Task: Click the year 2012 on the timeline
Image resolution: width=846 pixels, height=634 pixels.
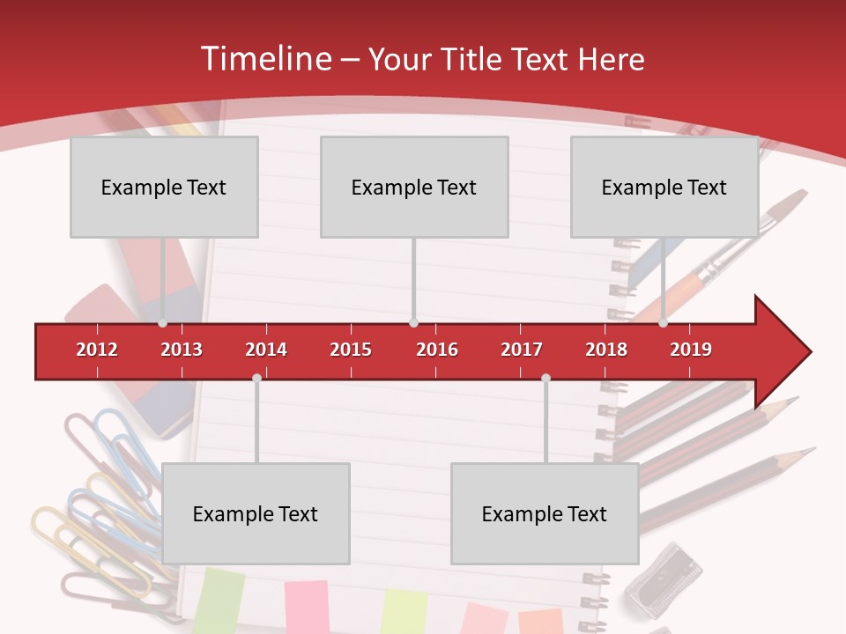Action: tap(97, 350)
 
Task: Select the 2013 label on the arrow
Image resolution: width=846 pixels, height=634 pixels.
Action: tap(182, 350)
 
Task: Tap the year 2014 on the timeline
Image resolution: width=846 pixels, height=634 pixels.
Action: tap(266, 350)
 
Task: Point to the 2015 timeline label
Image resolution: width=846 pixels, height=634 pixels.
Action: tap(351, 350)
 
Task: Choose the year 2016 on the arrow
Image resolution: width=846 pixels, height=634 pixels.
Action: tap(437, 350)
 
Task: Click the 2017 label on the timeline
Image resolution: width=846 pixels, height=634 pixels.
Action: tap(522, 350)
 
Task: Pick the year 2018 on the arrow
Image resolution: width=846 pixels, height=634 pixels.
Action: tap(606, 350)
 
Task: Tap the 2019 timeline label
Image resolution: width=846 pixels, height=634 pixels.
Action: tap(691, 350)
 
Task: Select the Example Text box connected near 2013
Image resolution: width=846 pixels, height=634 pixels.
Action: tap(164, 187)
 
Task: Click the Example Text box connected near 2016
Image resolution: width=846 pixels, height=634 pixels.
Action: tap(414, 187)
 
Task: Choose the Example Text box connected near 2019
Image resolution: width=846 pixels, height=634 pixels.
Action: tap(664, 187)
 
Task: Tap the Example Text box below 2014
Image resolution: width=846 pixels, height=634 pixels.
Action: tap(256, 513)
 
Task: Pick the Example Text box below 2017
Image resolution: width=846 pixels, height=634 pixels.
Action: tap(545, 513)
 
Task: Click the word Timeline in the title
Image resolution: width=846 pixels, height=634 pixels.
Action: tap(264, 59)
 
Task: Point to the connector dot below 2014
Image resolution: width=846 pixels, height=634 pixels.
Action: tap(256, 378)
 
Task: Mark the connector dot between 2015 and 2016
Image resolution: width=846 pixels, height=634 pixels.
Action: tap(413, 323)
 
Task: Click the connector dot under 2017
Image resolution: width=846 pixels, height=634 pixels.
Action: tap(545, 378)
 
